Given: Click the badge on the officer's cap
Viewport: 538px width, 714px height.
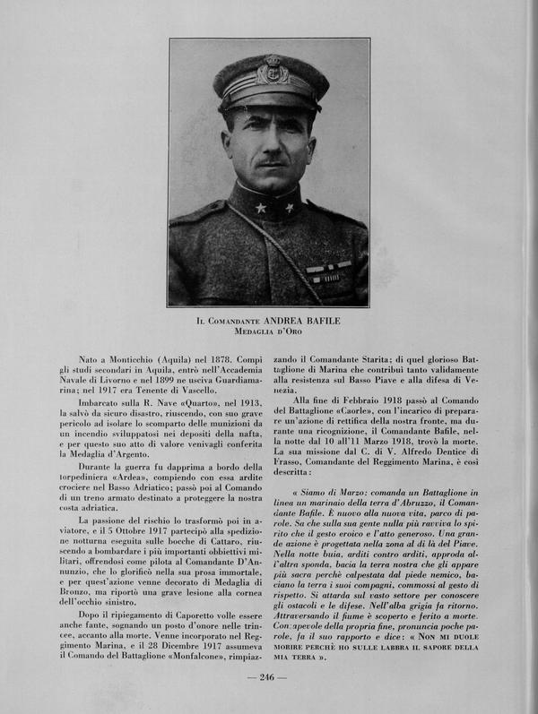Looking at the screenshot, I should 272,71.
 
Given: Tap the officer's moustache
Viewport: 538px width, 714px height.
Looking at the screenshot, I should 273,165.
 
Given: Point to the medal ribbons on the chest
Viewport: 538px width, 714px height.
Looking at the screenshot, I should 328,271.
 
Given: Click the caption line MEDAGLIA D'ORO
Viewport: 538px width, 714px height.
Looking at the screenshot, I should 269,331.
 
